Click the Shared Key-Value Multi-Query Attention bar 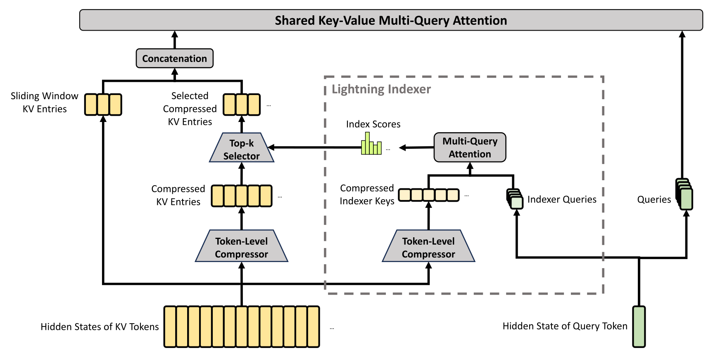[391, 20]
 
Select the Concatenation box [175, 58]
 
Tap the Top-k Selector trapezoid [242, 148]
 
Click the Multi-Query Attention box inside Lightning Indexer [470, 147]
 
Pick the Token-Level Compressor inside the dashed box [428, 246]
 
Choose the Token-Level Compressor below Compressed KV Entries [242, 246]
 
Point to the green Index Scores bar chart [371, 143]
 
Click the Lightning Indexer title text [381, 89]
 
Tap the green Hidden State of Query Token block [639, 327]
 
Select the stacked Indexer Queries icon [515, 199]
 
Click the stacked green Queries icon [684, 194]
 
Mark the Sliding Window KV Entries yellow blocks [103, 105]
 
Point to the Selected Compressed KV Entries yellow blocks [242, 105]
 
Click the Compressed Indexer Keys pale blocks [429, 195]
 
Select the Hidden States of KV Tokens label [100, 327]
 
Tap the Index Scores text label [373, 124]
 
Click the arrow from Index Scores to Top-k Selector [314, 147]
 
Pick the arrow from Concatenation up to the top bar [175, 40]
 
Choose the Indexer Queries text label [562, 200]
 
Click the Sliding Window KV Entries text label [45, 103]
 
